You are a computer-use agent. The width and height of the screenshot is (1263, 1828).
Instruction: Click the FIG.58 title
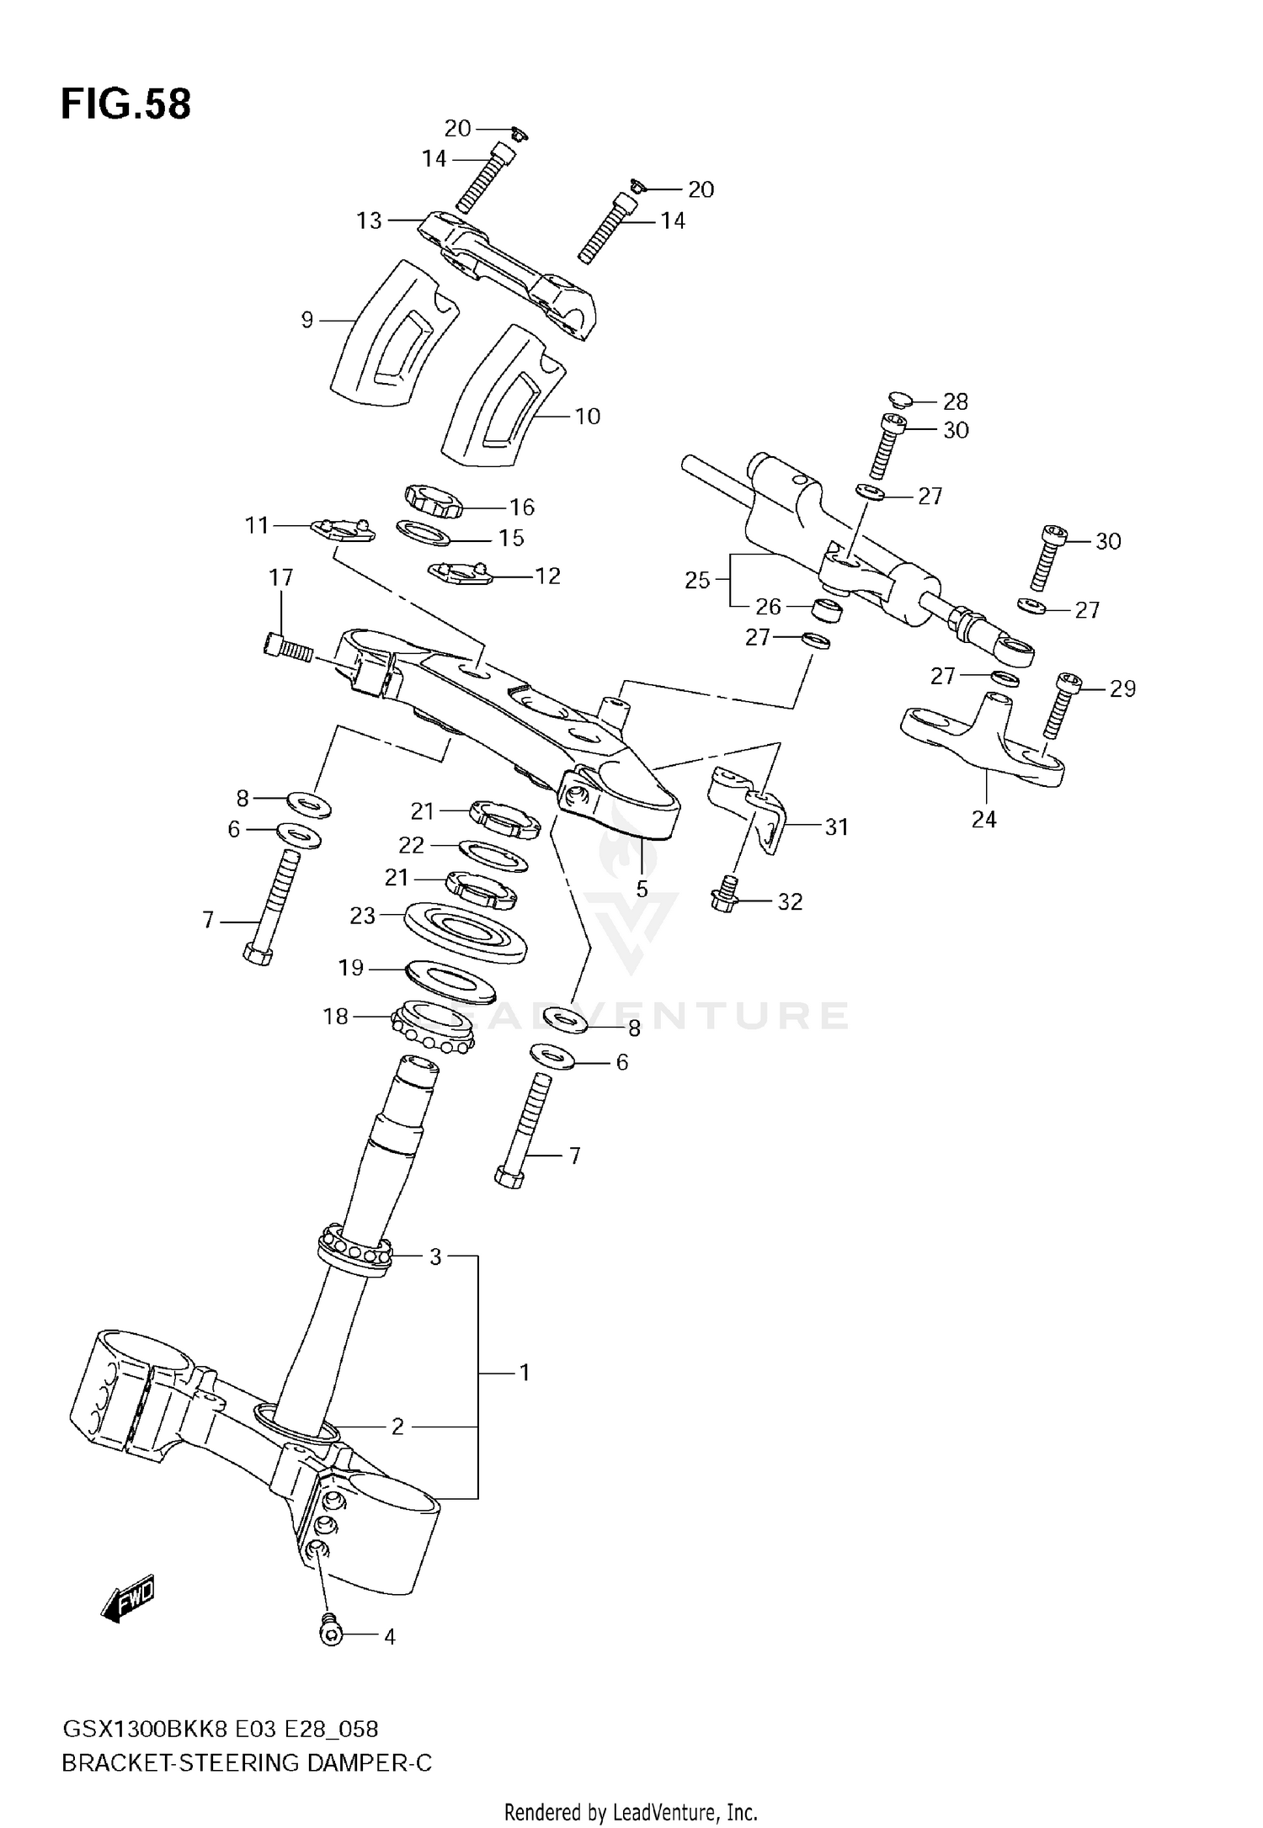click(x=126, y=105)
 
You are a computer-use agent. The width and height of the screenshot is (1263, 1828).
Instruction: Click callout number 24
click(x=983, y=819)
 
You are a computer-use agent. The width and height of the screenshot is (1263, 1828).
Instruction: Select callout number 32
click(x=789, y=902)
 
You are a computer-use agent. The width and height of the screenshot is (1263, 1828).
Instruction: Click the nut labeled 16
click(x=434, y=502)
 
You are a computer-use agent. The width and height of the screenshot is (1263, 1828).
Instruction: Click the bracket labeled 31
click(x=752, y=808)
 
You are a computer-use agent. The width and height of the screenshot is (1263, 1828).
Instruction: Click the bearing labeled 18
click(x=433, y=1030)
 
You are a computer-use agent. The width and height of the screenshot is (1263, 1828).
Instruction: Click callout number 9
click(x=306, y=320)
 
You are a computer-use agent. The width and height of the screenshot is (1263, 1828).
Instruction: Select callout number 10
click(x=587, y=416)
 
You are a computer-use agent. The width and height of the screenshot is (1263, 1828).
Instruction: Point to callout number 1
click(x=524, y=1374)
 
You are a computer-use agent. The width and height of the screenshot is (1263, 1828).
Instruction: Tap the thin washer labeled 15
click(x=423, y=533)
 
